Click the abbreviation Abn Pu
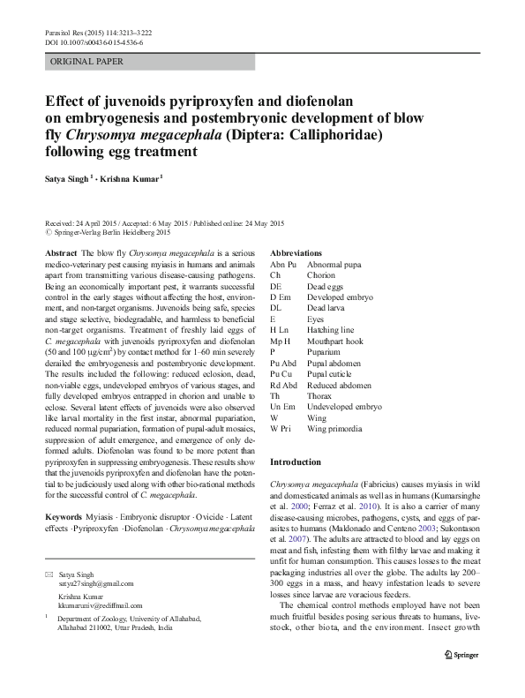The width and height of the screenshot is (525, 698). pos(283,264)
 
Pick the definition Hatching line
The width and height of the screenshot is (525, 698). pos(334,328)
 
